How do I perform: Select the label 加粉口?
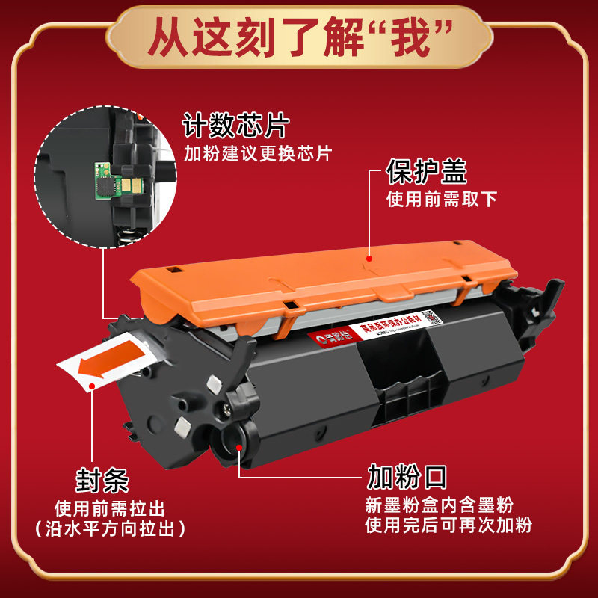tap(406, 475)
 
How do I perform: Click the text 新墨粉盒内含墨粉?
tap(440, 505)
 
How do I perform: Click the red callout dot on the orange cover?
tap(369, 259)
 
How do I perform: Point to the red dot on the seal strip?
tap(92, 386)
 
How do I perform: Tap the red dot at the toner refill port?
tap(238, 447)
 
